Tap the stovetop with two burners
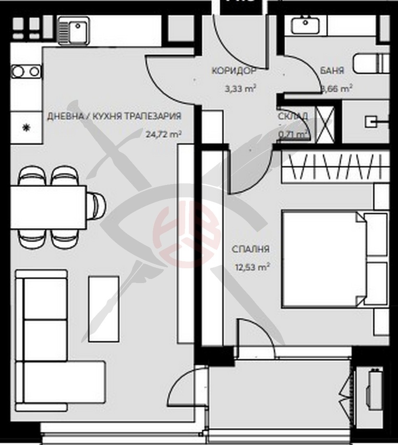(x=26, y=72)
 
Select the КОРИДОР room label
(x=234, y=71)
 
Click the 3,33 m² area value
(x=241, y=88)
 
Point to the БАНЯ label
(x=332, y=70)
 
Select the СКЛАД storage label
(x=293, y=117)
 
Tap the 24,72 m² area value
(x=163, y=133)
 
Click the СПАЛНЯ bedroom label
(x=250, y=249)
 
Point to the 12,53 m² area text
(x=252, y=267)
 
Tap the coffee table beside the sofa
(x=104, y=309)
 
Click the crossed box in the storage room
(x=324, y=122)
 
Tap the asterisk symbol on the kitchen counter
(x=27, y=128)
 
